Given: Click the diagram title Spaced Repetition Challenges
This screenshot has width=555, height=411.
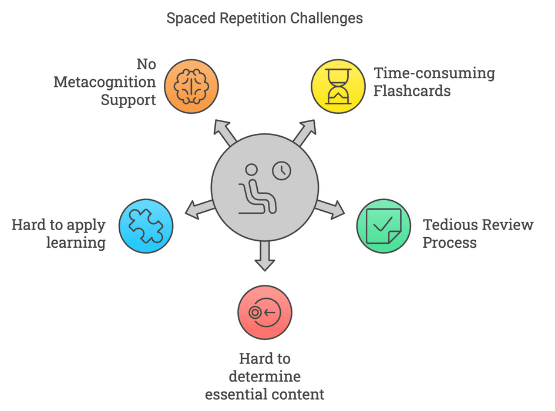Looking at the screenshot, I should click(264, 18).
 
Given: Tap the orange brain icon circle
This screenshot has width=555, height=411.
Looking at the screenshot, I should click(191, 86).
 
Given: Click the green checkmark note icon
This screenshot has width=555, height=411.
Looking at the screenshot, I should click(384, 226).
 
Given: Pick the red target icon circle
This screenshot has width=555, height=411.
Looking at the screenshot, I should click(264, 312).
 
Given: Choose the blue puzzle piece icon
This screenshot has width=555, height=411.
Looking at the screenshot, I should click(146, 226).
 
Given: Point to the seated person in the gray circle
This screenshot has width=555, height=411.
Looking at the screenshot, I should click(256, 191).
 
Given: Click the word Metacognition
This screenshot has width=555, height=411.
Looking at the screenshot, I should click(105, 82).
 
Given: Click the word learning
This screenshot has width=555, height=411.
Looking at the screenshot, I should click(76, 242).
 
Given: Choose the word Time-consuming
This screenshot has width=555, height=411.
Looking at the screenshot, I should click(434, 73).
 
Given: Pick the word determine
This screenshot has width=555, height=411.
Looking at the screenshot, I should click(264, 376).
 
